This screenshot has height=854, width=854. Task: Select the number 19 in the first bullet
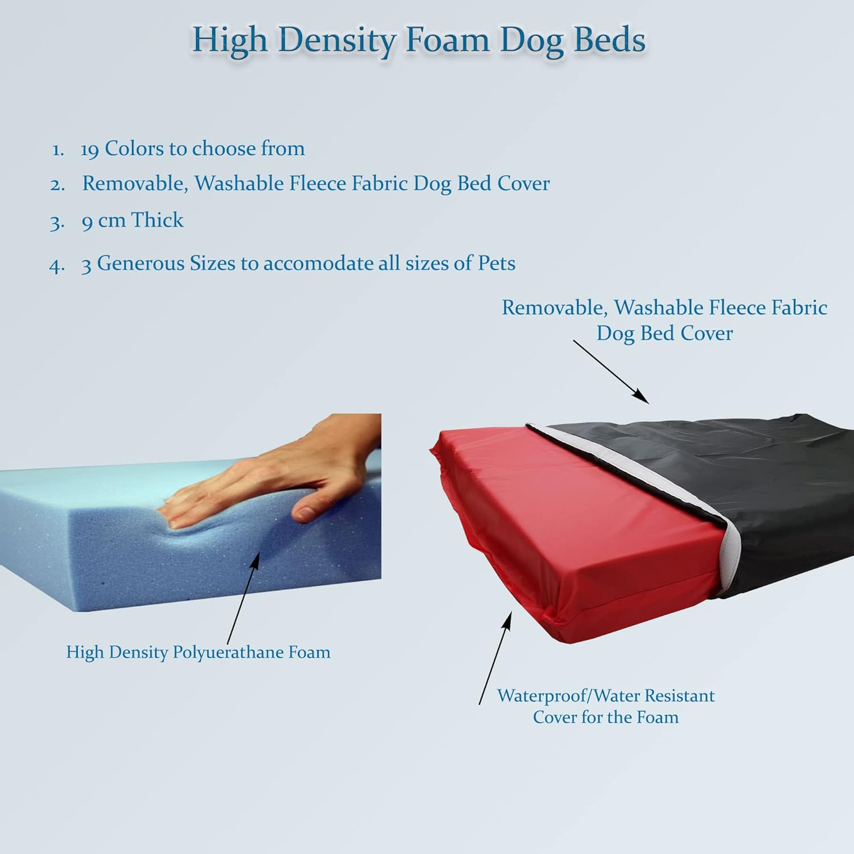(90, 149)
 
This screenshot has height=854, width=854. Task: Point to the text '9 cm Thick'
(132, 220)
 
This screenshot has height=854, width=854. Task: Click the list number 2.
(57, 184)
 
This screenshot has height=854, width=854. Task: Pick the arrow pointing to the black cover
(611, 372)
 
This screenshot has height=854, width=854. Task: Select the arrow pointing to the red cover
(495, 658)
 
